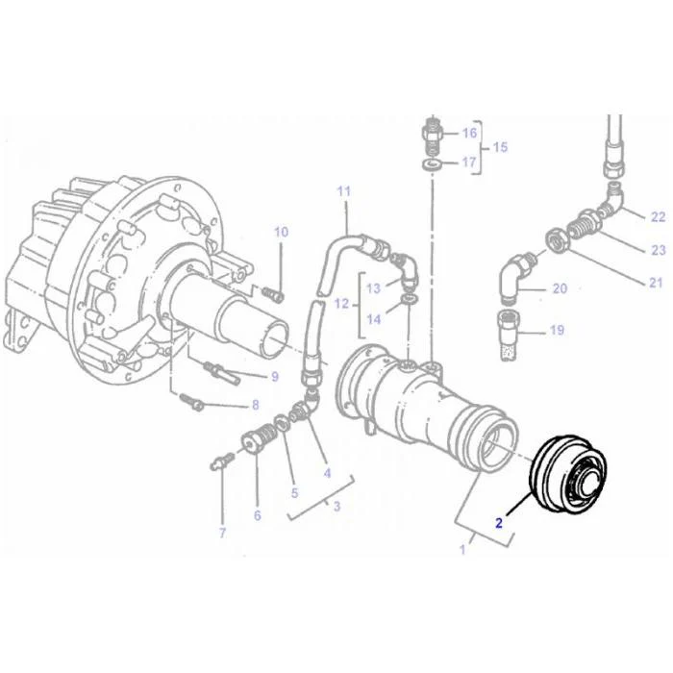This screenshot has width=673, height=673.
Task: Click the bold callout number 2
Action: (499, 523)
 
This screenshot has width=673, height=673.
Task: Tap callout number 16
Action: (469, 133)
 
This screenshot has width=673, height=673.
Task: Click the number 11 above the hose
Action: (344, 191)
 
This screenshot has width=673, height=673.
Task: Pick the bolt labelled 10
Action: (272, 293)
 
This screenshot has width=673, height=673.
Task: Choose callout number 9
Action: (275, 377)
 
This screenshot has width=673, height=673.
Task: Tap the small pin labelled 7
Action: (222, 462)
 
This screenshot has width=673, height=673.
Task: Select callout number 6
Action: (258, 515)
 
